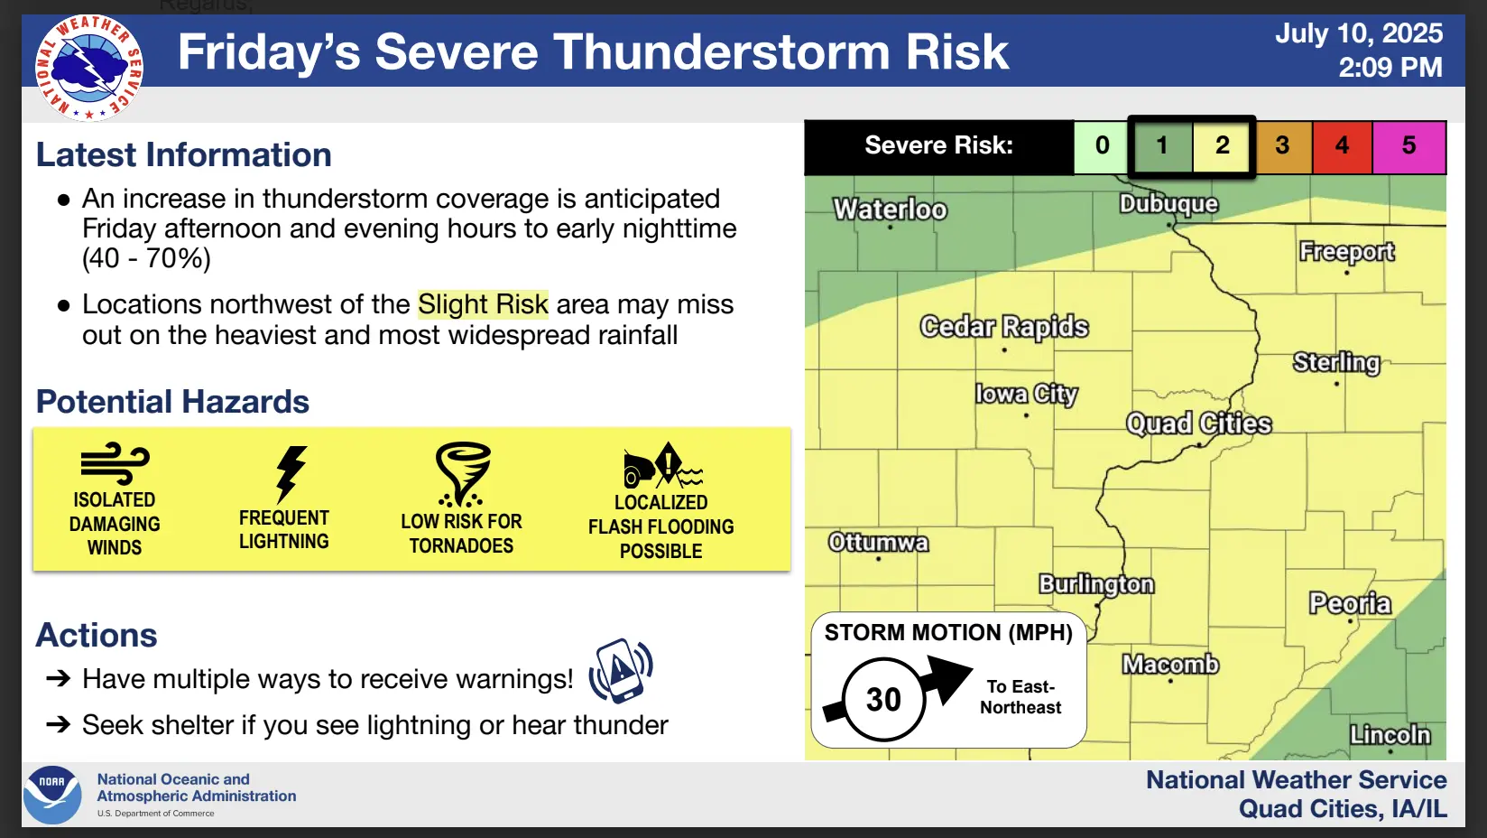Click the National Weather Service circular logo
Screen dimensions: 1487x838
tap(89, 68)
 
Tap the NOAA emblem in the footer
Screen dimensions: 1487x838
tap(52, 795)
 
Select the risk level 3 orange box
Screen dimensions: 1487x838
tap(1282, 145)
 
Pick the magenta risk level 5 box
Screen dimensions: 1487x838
tap(1408, 145)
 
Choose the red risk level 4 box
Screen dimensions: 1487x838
tap(1343, 145)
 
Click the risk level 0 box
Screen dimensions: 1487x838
tap(1102, 145)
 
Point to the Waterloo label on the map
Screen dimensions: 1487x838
tap(891, 209)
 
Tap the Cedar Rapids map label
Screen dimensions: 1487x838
tap(1004, 327)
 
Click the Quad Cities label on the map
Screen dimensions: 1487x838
tap(1199, 424)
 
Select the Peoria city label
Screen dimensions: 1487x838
tap(1350, 603)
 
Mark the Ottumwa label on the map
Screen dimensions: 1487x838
tap(878, 543)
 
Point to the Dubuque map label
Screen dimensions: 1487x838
tap(1169, 203)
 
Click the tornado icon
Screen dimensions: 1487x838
tap(463, 474)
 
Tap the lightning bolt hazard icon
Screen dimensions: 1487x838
tap(291, 474)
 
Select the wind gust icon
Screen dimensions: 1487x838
tap(115, 462)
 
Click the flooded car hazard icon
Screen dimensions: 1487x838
tap(663, 464)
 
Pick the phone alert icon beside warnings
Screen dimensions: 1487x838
tap(621, 671)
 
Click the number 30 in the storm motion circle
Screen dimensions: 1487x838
tap(883, 699)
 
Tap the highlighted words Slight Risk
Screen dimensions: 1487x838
tap(484, 304)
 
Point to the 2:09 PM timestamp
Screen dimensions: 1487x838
tap(1390, 67)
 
